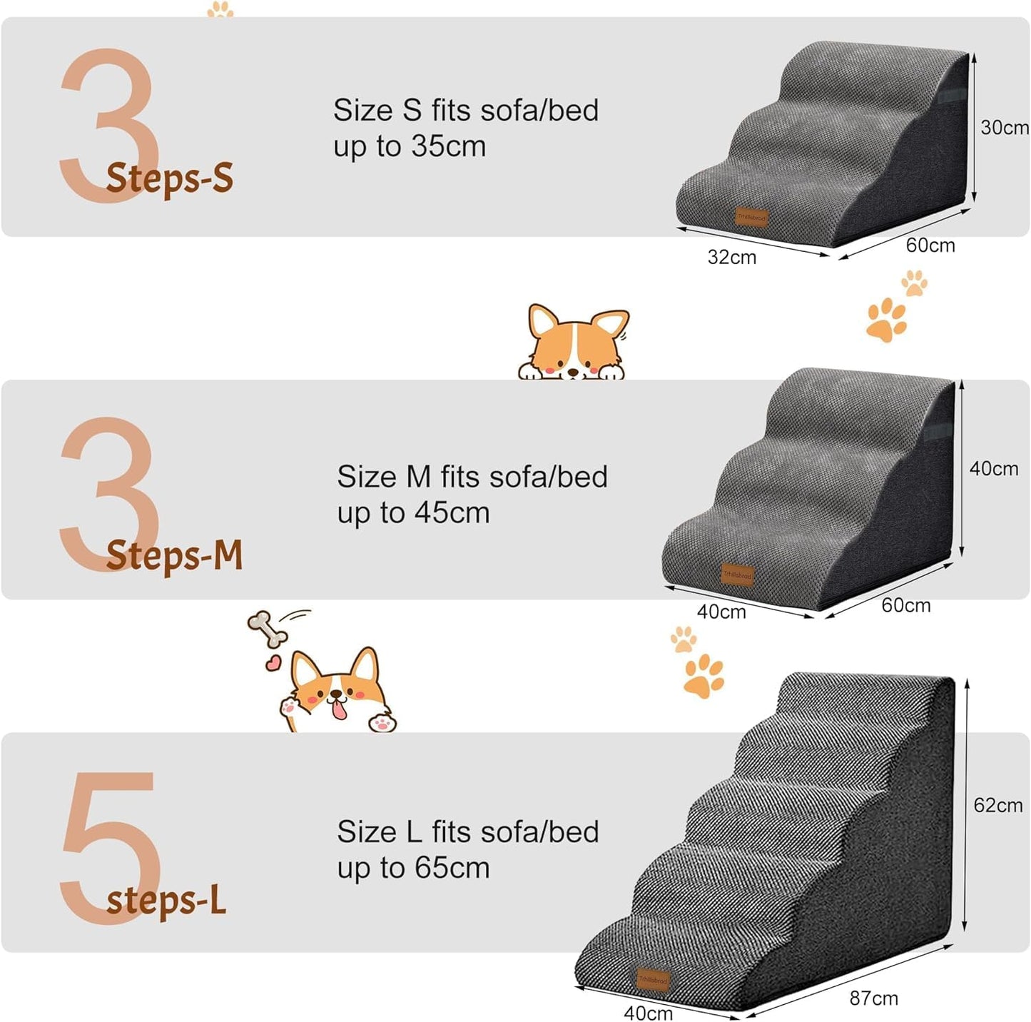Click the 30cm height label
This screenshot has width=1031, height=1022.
pos(1004,128)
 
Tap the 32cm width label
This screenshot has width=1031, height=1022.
pos(731,257)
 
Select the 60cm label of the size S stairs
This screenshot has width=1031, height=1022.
pos(930,246)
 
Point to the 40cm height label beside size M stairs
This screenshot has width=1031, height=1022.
pos(993,469)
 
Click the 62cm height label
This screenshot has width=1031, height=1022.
pos(997,805)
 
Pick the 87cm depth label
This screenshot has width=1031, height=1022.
pos(873,998)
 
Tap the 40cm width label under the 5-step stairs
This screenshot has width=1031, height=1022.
pos(648,1012)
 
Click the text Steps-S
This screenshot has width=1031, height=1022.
pos(170,178)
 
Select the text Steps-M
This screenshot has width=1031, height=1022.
pos(175,555)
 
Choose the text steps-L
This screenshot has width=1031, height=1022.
pos(166,901)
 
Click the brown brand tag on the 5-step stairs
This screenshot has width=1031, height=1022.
pos(652,981)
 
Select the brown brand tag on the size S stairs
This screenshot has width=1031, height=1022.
pos(751,217)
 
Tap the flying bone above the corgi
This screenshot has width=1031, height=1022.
pos(268,629)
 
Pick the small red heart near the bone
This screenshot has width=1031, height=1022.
pos(273,664)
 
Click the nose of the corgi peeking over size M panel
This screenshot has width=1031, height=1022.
pos(572,372)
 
